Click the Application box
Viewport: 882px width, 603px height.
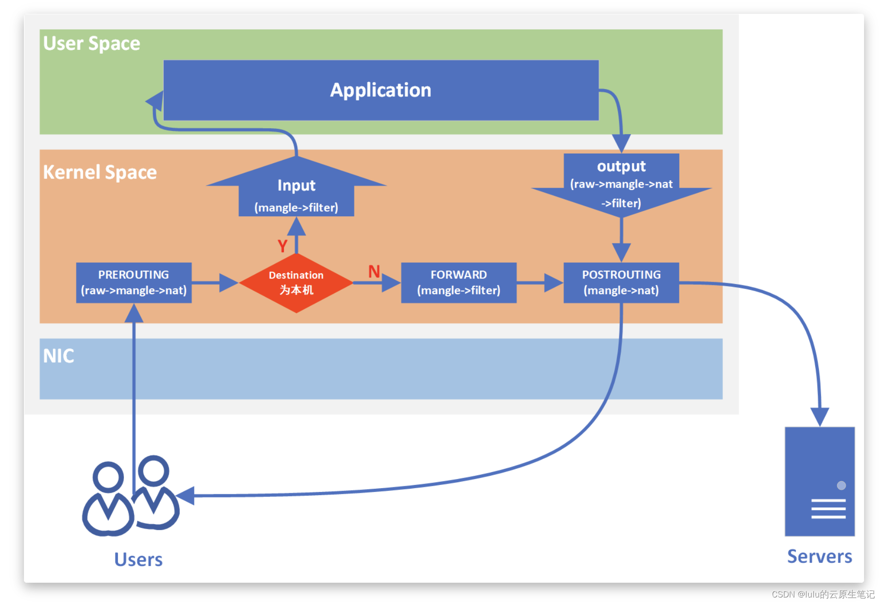coord(381,90)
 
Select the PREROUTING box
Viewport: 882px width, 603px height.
coord(134,283)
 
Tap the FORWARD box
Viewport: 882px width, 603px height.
coord(459,283)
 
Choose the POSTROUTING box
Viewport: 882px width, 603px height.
coord(621,283)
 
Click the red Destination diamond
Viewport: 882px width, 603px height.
coord(296,283)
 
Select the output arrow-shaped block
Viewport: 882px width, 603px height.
coord(621,184)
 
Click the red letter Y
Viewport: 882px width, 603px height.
coord(282,246)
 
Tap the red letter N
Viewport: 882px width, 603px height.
coord(374,272)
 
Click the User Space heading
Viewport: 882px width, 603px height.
coord(91,43)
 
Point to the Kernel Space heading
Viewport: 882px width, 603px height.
coord(100,172)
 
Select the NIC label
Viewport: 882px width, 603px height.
coord(59,356)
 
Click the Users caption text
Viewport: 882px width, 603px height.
coord(138,559)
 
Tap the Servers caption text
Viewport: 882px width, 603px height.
coord(819,556)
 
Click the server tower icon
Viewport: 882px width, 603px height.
coord(820,481)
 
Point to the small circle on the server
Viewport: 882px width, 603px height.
coord(841,485)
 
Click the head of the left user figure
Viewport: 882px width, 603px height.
coord(108,477)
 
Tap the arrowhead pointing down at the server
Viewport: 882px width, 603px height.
coord(820,417)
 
